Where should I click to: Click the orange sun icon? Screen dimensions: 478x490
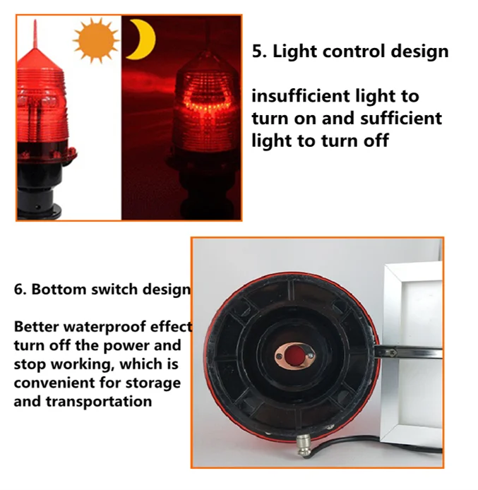pyautogui.click(x=95, y=40)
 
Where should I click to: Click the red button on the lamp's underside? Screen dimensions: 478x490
pyautogui.click(x=296, y=355)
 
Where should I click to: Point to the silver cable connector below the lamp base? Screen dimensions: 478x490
pyautogui.click(x=303, y=446)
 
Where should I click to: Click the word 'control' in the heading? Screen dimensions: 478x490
pyautogui.click(x=353, y=51)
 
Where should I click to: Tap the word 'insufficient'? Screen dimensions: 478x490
pyautogui.click(x=300, y=95)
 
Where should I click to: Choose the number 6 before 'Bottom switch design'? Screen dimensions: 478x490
pyautogui.click(x=19, y=289)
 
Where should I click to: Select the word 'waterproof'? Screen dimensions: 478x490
pyautogui.click(x=104, y=328)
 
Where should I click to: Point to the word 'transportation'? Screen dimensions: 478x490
pyautogui.click(x=99, y=402)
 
